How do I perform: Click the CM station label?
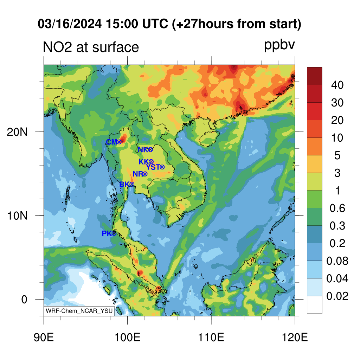coord(111,142)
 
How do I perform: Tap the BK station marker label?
coord(124,184)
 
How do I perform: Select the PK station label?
coord(107,233)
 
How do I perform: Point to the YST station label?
coord(153,167)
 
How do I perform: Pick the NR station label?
coord(138,174)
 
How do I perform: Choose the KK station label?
coord(144,162)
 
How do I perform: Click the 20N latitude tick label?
coord(17,132)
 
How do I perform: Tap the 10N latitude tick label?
coord(17,216)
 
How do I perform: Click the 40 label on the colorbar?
coord(337,85)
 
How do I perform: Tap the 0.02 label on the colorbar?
coord(337,296)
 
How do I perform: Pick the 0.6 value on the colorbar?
coord(337,208)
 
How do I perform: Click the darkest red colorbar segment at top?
coord(315,76)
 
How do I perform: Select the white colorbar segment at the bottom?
coord(315,305)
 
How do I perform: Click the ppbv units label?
coord(279,45)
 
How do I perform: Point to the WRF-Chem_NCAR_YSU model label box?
coord(79,311)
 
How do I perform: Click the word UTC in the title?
coord(155,24)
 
